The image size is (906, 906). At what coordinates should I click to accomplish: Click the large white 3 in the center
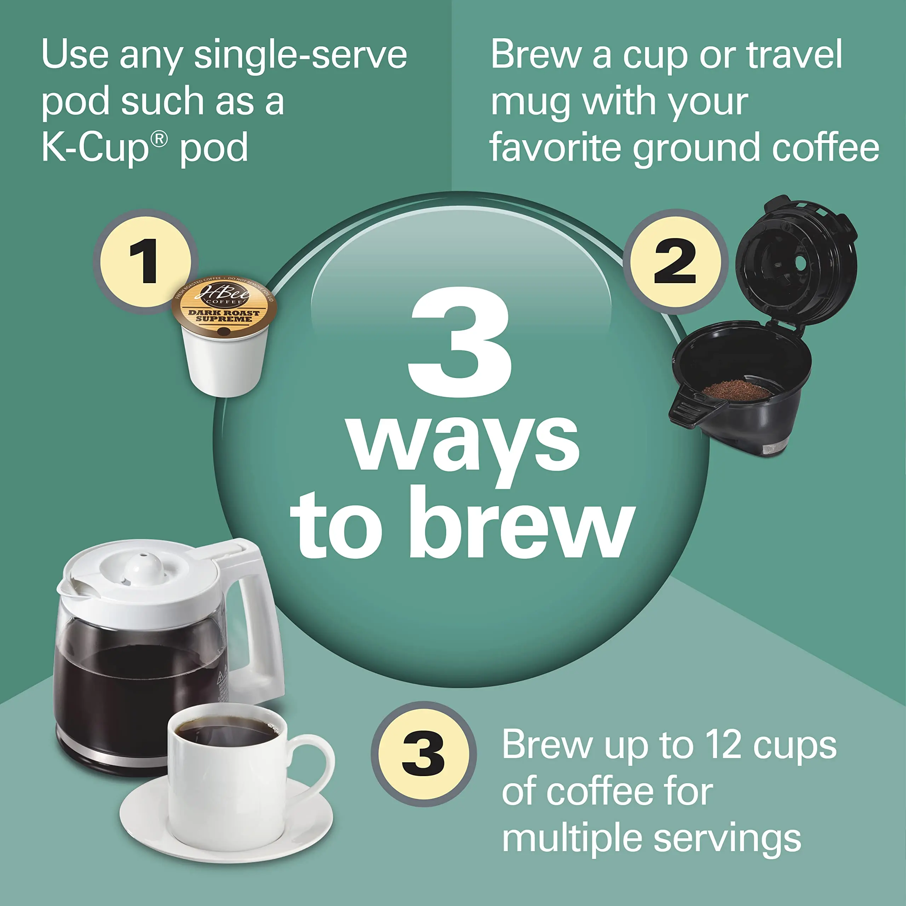tap(460, 342)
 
